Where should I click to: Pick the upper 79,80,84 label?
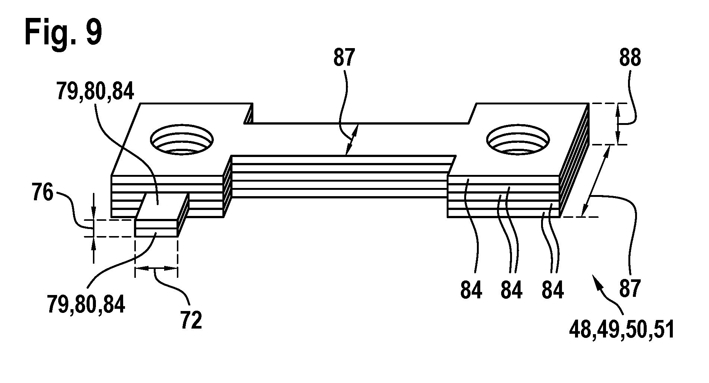[95, 91]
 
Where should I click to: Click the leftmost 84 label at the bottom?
[471, 290]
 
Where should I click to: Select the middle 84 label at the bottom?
[511, 290]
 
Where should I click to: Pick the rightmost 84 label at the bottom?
[552, 290]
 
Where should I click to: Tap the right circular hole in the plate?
[518, 140]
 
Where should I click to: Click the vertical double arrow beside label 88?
[617, 124]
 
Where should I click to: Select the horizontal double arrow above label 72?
[156, 268]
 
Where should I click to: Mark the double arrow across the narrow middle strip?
[352, 139]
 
